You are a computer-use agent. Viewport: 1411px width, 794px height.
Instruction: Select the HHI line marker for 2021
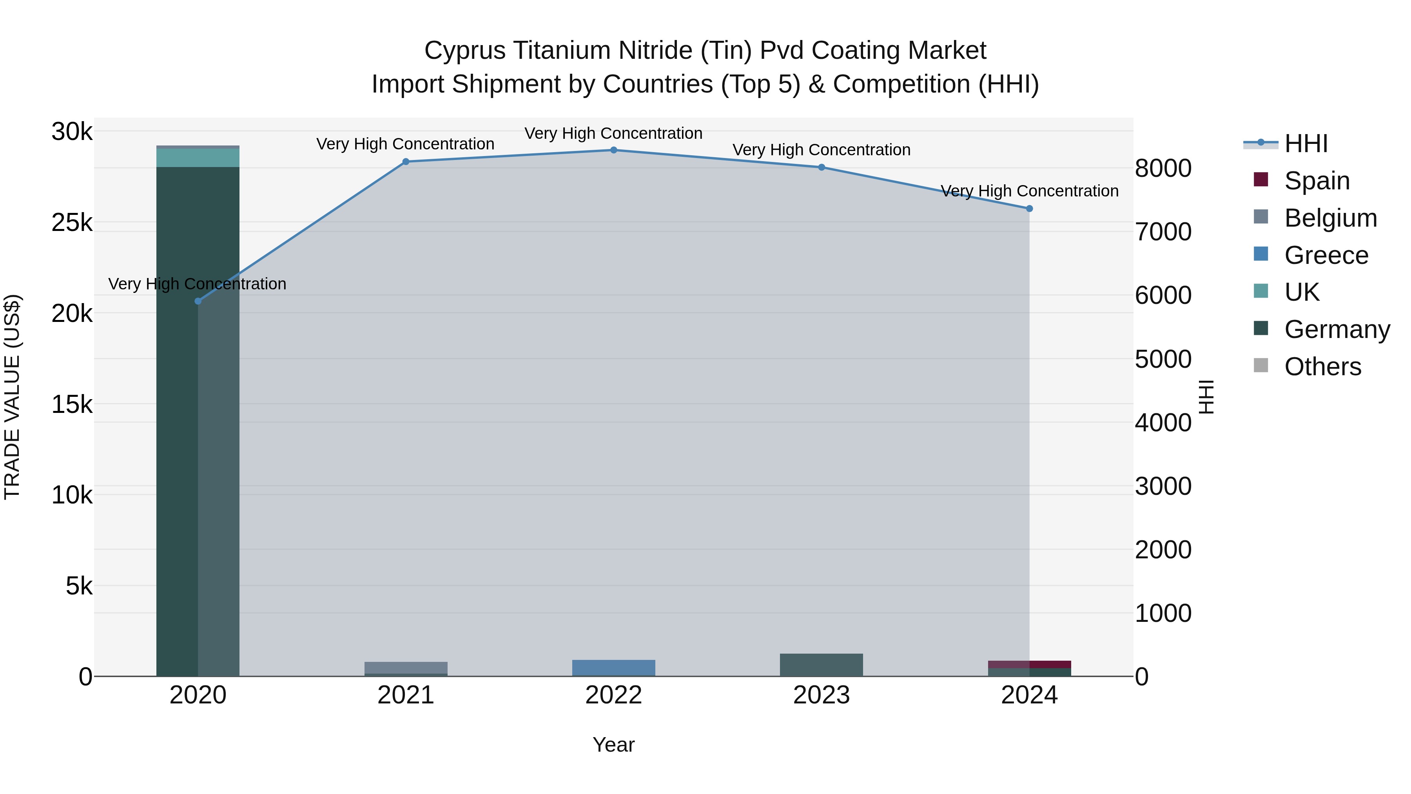coord(406,162)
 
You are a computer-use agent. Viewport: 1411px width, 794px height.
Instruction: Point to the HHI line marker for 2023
coord(822,167)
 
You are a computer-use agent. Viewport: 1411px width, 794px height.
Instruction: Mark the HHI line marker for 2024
coord(1029,209)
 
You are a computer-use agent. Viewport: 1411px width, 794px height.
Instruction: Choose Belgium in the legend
coord(1330,218)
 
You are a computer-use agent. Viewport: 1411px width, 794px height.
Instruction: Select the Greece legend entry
coord(1326,255)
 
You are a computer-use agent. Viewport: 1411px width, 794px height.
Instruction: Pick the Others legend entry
coord(1322,367)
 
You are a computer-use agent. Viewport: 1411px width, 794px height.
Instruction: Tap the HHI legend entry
coord(1306,144)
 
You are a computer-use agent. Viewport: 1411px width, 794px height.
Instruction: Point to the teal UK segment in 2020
coord(198,158)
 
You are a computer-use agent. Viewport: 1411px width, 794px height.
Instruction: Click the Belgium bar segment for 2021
coord(406,667)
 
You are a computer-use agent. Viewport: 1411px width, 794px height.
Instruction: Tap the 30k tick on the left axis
coord(72,132)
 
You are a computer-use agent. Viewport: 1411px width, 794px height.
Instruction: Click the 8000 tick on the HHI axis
coord(1163,168)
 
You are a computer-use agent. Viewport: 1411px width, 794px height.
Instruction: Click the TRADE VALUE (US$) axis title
coord(13,397)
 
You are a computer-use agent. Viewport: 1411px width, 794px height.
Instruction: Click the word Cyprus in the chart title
coord(464,51)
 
